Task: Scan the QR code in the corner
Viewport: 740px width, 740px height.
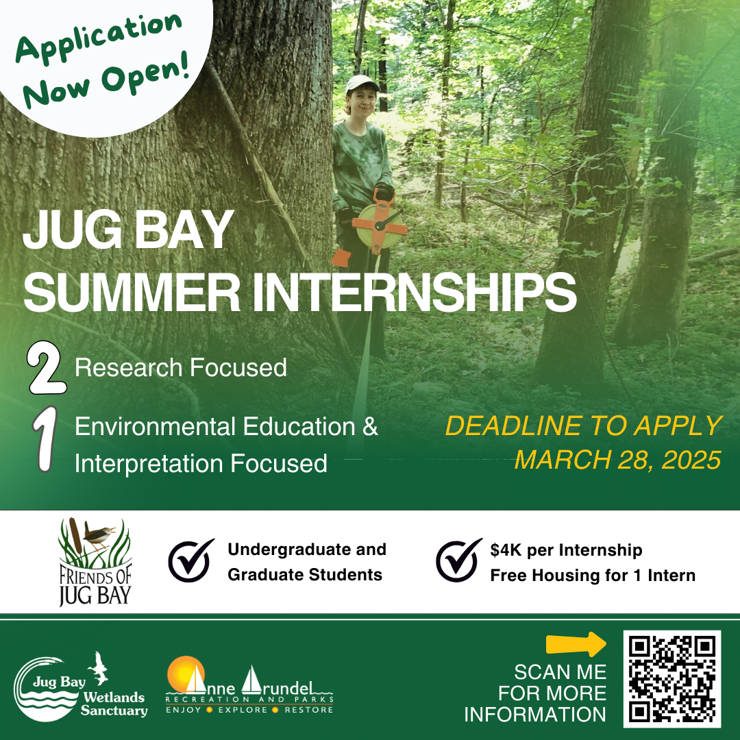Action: pyautogui.click(x=671, y=678)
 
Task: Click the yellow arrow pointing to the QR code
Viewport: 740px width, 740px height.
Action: pyautogui.click(x=576, y=644)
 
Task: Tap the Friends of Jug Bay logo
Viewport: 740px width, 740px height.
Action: pyautogui.click(x=95, y=562)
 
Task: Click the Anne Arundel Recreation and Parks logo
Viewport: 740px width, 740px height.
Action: pyautogui.click(x=249, y=685)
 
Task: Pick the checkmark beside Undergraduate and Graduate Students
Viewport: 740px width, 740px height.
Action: pyautogui.click(x=190, y=560)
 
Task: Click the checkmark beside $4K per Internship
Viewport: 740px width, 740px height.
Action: pyautogui.click(x=458, y=560)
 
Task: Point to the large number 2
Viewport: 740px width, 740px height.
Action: pyautogui.click(x=46, y=368)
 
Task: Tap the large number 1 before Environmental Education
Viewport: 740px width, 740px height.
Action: pyautogui.click(x=45, y=439)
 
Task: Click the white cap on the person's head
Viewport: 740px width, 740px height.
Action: pyautogui.click(x=362, y=83)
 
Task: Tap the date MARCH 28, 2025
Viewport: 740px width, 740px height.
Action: pyautogui.click(x=618, y=460)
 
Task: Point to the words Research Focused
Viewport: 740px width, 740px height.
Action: pyautogui.click(x=181, y=368)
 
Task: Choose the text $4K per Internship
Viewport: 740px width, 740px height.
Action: pyautogui.click(x=567, y=550)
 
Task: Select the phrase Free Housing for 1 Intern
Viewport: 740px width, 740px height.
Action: pyautogui.click(x=593, y=576)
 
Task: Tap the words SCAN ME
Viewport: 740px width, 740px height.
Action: pyautogui.click(x=560, y=672)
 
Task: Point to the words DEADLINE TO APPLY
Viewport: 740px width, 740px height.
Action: pyautogui.click(x=584, y=425)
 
